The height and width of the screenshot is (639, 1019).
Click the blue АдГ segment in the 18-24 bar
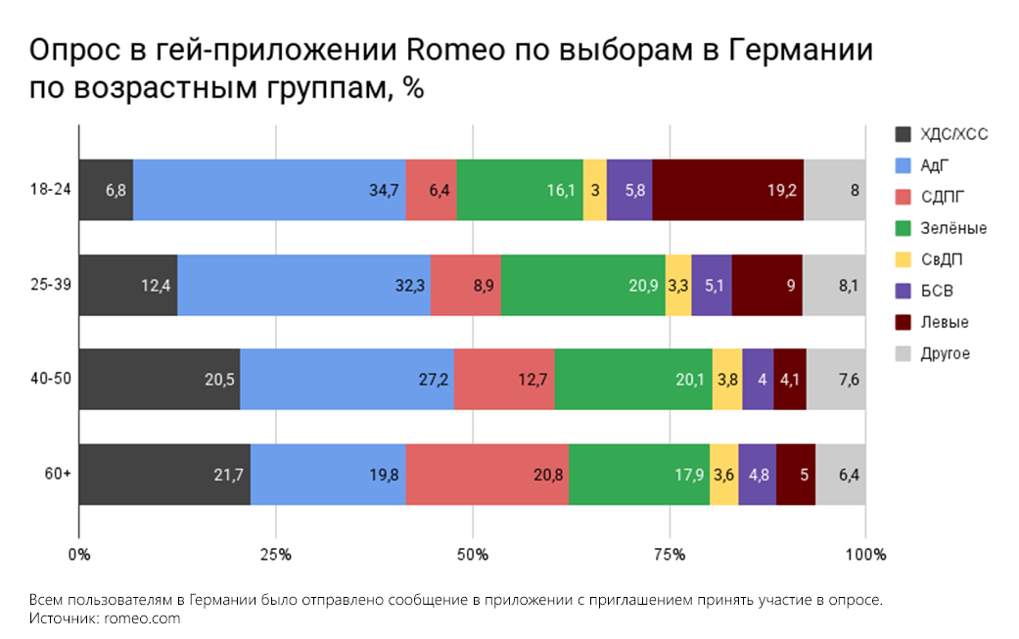(269, 190)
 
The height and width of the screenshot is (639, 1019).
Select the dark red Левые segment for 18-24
(727, 190)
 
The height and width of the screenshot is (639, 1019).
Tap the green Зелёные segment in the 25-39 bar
(582, 286)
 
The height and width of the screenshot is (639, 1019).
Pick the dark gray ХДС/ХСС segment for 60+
(164, 476)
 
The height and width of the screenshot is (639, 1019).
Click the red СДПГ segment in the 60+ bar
(486, 476)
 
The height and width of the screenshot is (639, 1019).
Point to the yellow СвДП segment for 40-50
(726, 381)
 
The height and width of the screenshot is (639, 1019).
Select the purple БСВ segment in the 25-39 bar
(712, 286)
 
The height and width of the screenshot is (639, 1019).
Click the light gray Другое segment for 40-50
(836, 381)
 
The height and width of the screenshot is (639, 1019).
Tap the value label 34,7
(383, 190)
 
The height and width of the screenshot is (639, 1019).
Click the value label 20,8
(549, 476)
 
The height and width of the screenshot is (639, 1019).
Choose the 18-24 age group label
(45, 190)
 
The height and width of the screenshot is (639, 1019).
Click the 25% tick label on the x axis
(276, 555)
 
